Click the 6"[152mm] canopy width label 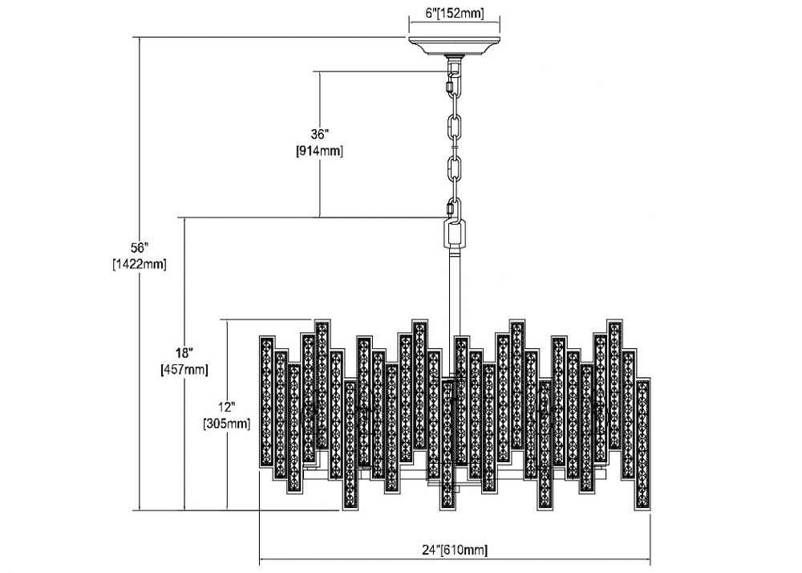click(x=454, y=14)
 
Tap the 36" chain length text click(x=319, y=135)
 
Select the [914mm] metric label click(x=319, y=152)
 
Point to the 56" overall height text click(x=139, y=248)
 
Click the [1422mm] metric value click(x=139, y=265)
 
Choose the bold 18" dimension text click(x=184, y=353)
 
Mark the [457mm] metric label click(x=184, y=369)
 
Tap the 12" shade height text click(x=227, y=407)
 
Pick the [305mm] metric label click(x=227, y=424)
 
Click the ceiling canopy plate click(x=454, y=46)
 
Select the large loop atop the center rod click(x=454, y=234)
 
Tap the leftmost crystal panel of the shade click(x=266, y=401)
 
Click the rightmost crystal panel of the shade click(x=642, y=445)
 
